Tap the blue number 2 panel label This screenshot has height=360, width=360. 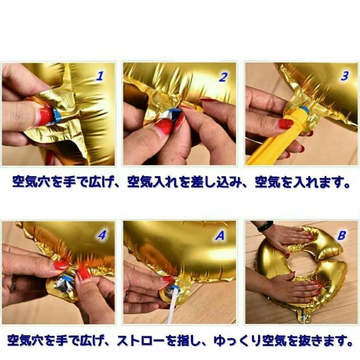[x=223, y=76]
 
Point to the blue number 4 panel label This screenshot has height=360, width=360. [x=102, y=236]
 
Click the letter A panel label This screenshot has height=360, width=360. [x=222, y=236]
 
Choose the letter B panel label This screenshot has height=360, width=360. [x=341, y=236]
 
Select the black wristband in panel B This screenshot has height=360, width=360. [x=265, y=226]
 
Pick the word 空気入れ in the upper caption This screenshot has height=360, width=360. [x=148, y=183]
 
